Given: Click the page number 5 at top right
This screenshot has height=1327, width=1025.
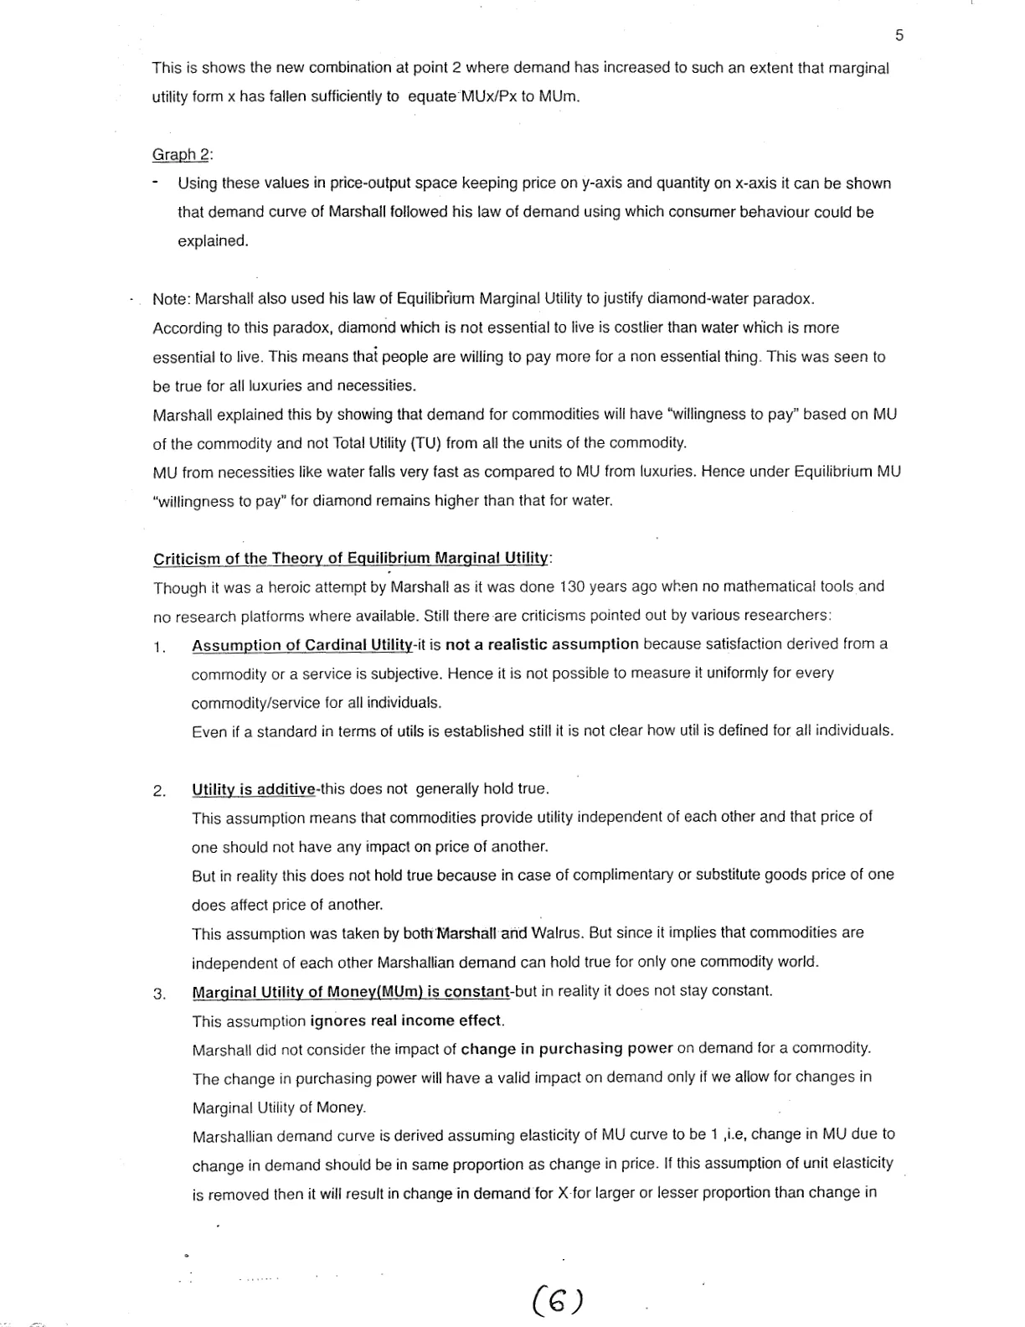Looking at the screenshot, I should click(899, 35).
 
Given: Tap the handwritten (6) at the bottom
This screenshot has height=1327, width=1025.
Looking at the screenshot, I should click(557, 1300).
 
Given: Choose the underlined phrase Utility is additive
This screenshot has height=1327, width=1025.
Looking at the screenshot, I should click(254, 789).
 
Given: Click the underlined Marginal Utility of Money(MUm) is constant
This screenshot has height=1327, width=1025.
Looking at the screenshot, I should click(351, 992).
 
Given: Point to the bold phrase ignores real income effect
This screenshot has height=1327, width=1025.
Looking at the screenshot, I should click(406, 1020).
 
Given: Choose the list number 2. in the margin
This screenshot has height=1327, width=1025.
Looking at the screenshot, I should click(160, 791).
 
